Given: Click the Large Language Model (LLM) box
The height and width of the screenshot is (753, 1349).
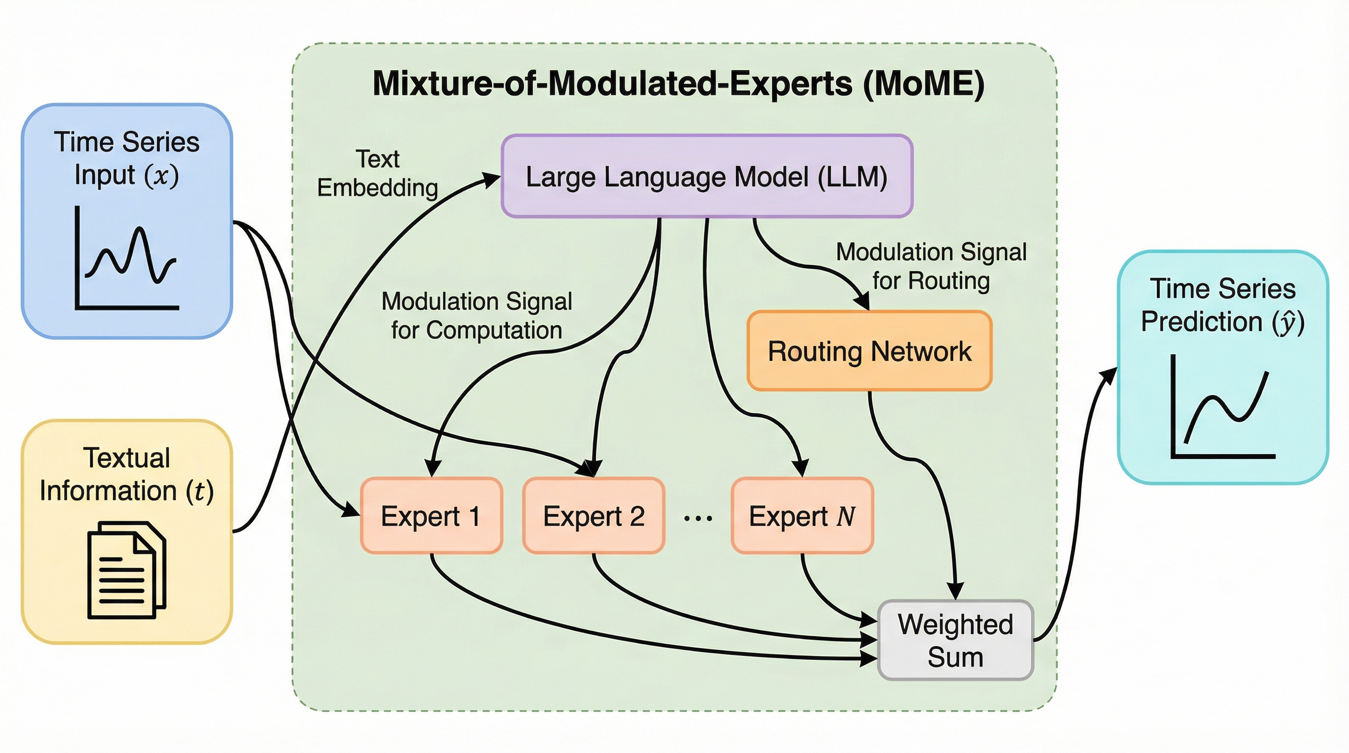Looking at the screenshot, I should (706, 176).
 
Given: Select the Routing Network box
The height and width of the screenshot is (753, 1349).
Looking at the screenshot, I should (869, 351).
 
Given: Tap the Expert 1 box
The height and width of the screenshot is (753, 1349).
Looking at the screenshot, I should (431, 516).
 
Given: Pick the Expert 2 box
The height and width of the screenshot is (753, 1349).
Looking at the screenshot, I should (593, 516).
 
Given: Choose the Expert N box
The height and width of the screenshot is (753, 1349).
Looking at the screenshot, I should (802, 516).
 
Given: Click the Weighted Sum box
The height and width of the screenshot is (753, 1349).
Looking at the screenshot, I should (955, 640).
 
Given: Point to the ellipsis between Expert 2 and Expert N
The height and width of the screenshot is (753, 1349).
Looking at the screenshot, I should (698, 518).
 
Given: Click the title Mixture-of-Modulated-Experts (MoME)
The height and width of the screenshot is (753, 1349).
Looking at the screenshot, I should (678, 83).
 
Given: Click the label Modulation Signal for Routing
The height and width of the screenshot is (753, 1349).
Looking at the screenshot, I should (930, 266).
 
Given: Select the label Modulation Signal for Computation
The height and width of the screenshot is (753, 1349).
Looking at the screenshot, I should (476, 316).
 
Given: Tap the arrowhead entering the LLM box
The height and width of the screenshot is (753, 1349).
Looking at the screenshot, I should (491, 179).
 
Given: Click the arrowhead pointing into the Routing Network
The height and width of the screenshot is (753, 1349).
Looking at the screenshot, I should (862, 301).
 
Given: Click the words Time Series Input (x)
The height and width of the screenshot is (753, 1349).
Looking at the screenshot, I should (127, 158).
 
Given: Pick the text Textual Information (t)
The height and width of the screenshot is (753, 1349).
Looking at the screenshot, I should (127, 475).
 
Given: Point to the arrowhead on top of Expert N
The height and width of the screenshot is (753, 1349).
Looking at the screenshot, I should (800, 467).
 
